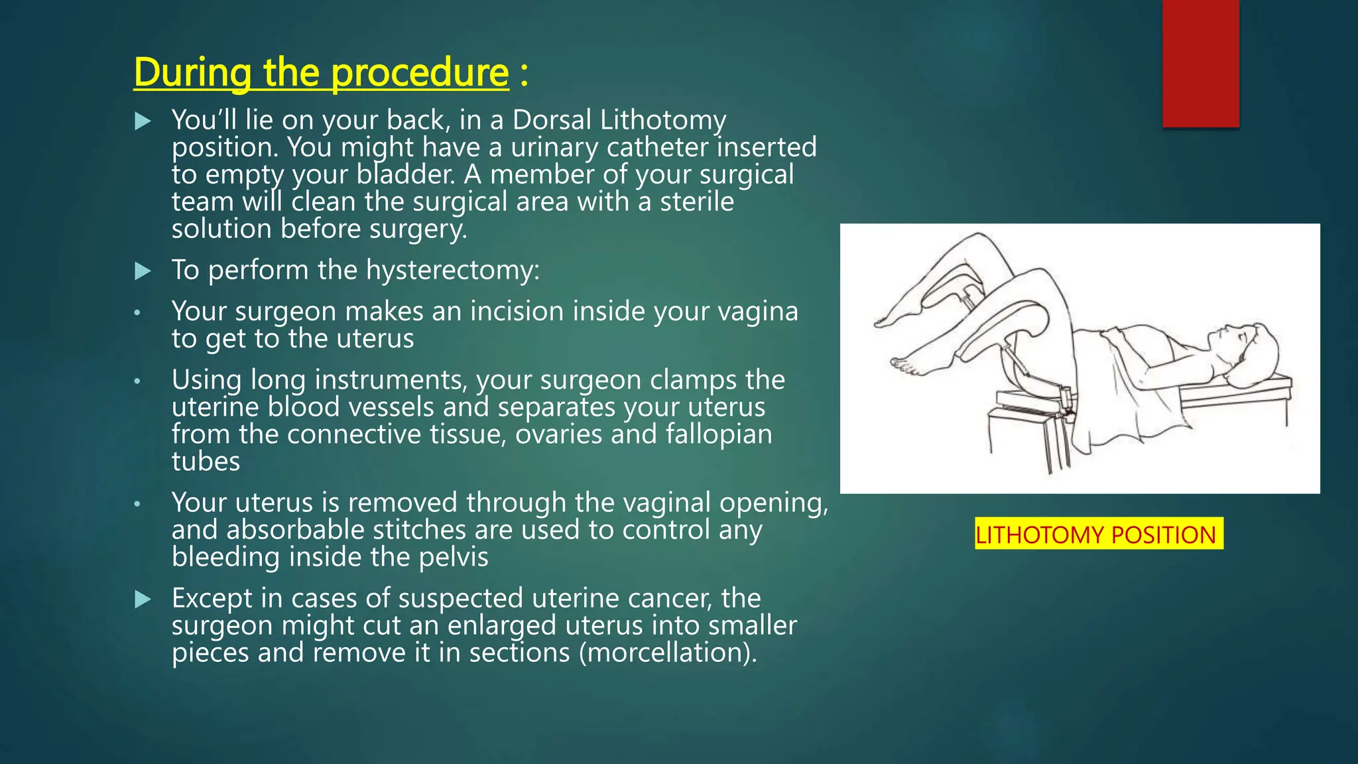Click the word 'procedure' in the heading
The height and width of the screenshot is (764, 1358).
click(x=419, y=72)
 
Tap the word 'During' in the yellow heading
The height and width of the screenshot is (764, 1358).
click(x=192, y=72)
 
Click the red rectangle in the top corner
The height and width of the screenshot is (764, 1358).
click(x=1200, y=63)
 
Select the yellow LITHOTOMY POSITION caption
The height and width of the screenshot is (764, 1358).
click(x=1098, y=535)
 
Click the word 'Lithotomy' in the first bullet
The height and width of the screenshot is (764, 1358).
click(x=662, y=120)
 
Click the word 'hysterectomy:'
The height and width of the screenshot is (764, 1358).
click(x=453, y=270)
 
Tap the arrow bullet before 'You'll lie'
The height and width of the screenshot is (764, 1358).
click(x=143, y=121)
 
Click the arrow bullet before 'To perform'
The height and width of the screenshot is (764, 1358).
click(x=143, y=271)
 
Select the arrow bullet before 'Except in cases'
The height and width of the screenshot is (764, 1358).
click(x=143, y=600)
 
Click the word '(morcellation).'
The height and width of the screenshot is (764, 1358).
click(x=668, y=653)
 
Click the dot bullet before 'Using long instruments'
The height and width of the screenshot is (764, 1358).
click(x=137, y=381)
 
